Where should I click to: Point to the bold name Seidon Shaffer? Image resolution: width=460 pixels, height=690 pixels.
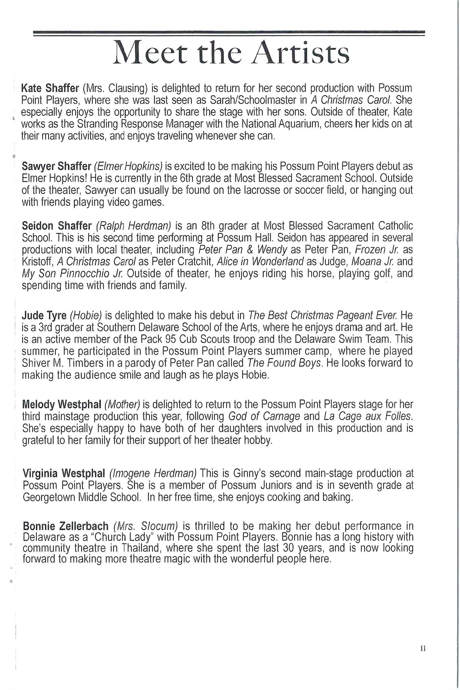tap(56, 225)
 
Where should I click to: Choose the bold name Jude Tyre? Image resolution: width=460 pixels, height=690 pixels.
tap(44, 315)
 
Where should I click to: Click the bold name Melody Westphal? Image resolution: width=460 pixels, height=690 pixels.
tap(62, 404)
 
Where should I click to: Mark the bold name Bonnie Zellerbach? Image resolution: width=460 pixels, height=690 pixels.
tap(65, 526)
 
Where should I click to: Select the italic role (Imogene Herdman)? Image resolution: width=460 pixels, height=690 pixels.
tap(153, 474)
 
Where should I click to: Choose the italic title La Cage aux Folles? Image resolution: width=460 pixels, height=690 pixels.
tap(368, 416)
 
